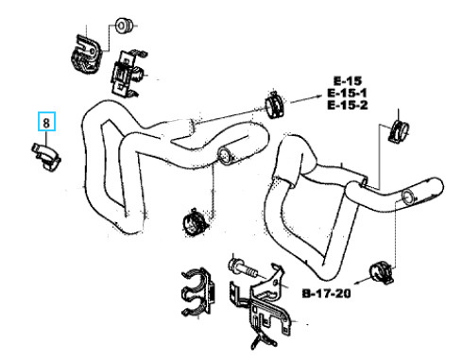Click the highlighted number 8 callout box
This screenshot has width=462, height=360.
point(46,121)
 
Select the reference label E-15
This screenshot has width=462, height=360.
point(348,81)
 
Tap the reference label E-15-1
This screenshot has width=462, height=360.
point(347,93)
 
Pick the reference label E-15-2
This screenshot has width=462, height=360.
point(347,105)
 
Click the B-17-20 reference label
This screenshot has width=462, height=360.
point(326,294)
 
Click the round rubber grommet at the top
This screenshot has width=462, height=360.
point(125,26)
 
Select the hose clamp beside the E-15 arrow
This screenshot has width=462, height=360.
point(274,104)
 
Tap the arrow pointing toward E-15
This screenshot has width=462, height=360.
point(303,99)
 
